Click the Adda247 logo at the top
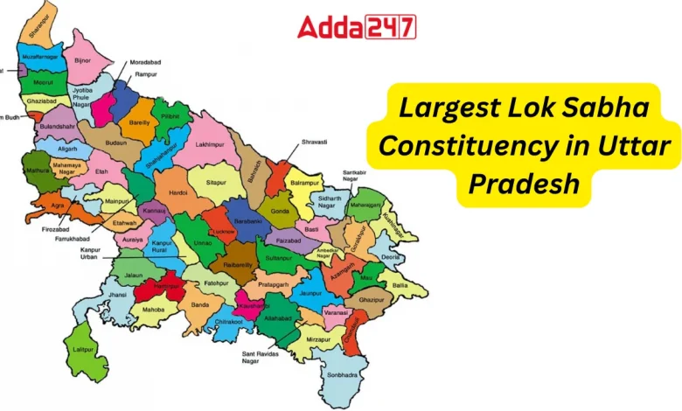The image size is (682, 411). (357, 27)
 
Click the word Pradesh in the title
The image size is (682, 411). (524, 183)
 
